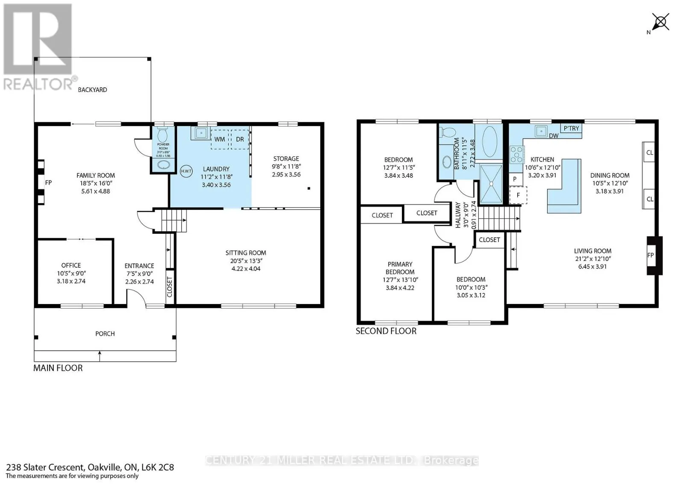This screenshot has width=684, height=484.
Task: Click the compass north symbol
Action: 660,21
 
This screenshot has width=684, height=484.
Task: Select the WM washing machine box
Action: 220,139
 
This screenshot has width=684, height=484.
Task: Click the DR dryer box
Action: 240,139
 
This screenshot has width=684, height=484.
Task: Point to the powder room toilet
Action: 162,135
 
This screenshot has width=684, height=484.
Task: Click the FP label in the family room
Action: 48,183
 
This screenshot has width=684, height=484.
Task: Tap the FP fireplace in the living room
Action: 651,255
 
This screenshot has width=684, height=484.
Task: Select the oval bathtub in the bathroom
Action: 489,142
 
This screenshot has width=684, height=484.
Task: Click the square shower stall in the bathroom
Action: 492,184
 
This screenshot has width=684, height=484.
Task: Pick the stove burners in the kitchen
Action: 517,154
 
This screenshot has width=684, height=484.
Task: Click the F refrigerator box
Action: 518,195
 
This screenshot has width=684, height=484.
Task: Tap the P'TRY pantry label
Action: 571,128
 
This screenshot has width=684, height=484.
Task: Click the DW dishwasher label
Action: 554,136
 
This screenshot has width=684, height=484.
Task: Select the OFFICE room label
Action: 71,265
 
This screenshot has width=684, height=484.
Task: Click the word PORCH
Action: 105,333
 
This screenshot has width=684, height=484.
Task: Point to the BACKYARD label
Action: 92,90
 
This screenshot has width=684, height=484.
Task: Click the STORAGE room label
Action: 286,159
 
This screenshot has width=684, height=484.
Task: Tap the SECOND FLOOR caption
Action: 386,331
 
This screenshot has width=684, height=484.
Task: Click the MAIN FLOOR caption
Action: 58,368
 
